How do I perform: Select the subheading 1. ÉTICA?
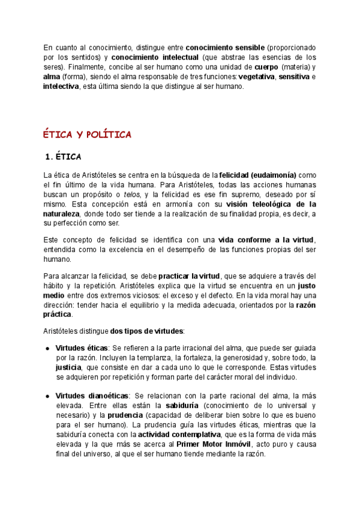coord(63,157)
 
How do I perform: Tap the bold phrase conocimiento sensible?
coord(225,47)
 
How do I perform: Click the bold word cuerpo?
coord(266,67)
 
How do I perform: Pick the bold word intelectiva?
coord(61,86)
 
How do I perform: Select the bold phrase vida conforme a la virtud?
coord(266,240)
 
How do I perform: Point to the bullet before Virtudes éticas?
coord(47,348)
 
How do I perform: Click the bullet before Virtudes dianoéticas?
coord(47,396)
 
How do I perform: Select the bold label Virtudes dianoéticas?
coord(92,396)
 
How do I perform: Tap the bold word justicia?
coord(70,367)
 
